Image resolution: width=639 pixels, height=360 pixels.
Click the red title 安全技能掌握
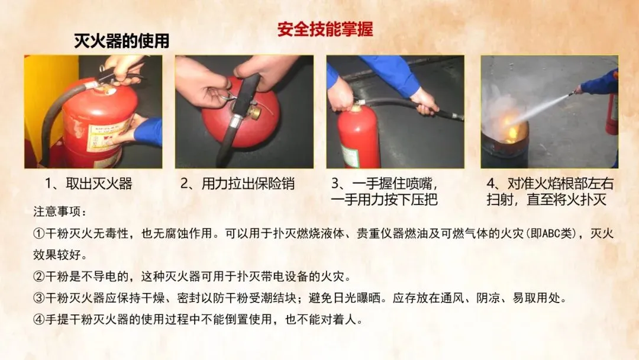[x=325, y=30]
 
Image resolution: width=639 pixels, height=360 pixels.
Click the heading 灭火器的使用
[x=121, y=41]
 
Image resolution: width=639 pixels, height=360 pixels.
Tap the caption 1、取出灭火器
[x=89, y=184]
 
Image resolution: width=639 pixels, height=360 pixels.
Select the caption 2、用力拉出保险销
[x=238, y=184]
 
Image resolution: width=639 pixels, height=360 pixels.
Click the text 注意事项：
[x=60, y=212]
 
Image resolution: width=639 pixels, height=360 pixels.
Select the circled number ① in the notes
[x=38, y=234]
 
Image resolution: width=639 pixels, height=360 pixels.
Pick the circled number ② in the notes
[x=38, y=277]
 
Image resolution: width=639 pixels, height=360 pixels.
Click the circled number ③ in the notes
[x=38, y=298]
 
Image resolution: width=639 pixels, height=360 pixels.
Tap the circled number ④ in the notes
[x=38, y=319]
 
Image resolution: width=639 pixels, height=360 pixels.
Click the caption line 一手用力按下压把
[x=385, y=200]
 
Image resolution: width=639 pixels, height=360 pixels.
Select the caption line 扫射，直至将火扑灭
[x=547, y=200]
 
